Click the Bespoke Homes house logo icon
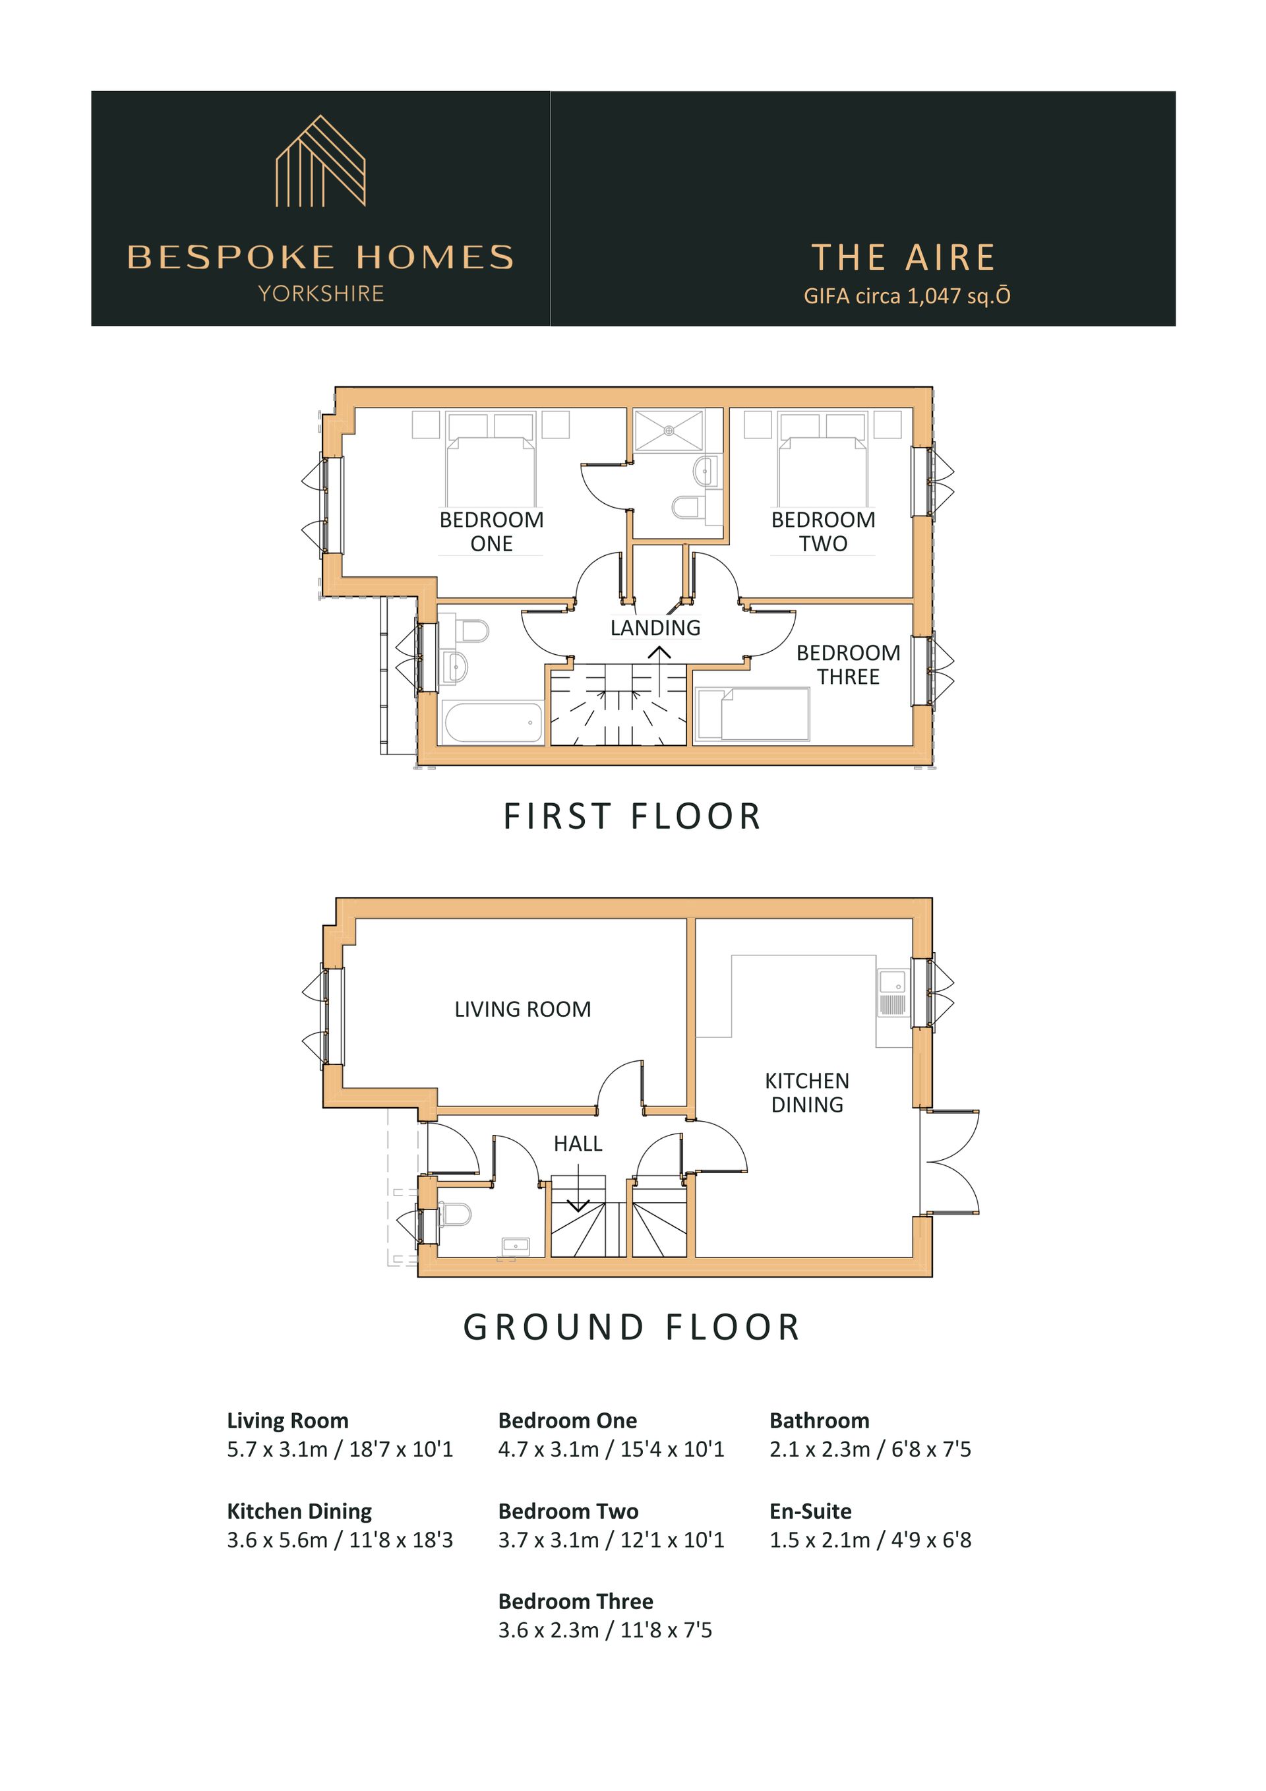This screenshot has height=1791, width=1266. (x=320, y=161)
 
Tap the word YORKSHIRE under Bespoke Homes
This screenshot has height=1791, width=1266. (x=320, y=293)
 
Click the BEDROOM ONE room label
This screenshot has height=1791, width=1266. (x=491, y=531)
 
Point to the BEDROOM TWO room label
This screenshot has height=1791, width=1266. (x=823, y=531)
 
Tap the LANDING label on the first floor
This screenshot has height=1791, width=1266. (x=655, y=627)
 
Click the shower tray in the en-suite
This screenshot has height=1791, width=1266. (x=669, y=430)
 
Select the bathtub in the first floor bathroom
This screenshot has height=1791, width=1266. (x=493, y=721)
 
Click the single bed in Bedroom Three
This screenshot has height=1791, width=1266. (x=753, y=713)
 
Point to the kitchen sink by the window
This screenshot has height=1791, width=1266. (x=893, y=992)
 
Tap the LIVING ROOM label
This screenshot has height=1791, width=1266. (x=523, y=1009)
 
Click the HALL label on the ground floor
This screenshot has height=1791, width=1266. (x=578, y=1143)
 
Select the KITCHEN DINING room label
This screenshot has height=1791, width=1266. (x=807, y=1092)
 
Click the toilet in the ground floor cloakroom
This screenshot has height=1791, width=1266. (x=456, y=1215)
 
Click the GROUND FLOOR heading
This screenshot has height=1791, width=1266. (x=632, y=1327)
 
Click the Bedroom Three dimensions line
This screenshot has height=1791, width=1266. (x=605, y=1629)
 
